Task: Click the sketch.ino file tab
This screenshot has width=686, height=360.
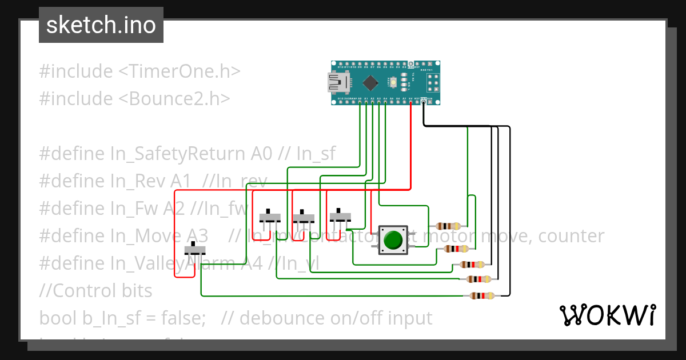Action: click(101, 25)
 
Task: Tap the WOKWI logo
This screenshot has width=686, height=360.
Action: click(607, 315)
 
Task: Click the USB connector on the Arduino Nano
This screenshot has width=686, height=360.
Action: click(337, 83)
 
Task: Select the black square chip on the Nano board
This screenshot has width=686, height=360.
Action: click(370, 83)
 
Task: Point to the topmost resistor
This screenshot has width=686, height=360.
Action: click(448, 226)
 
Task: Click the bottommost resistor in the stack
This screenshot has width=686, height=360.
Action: click(482, 296)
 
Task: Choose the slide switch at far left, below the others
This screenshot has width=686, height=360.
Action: click(195, 250)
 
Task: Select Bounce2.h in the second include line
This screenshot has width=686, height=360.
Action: click(174, 99)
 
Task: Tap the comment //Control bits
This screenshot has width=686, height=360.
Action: click(95, 291)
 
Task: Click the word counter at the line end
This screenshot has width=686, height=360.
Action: click(571, 236)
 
